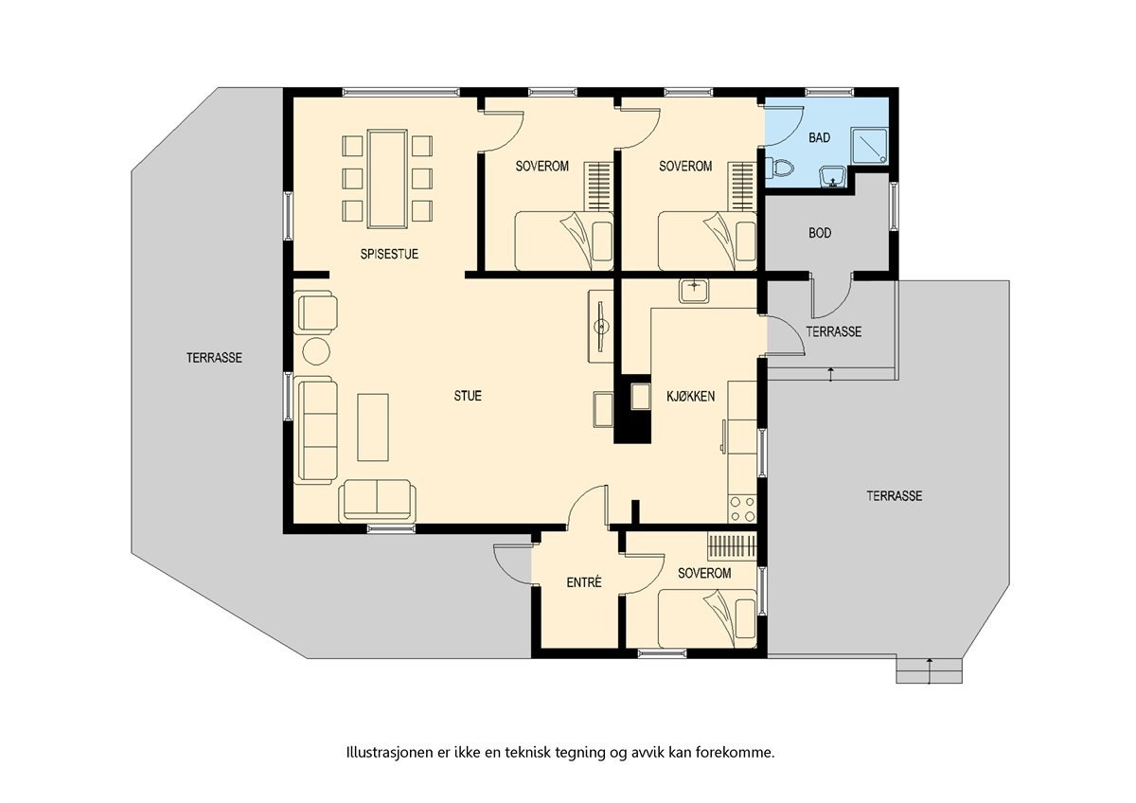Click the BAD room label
tap(819, 138)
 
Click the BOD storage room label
tap(820, 233)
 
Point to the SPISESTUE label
tap(389, 254)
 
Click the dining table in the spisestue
tap(386, 178)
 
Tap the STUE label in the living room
tap(468, 396)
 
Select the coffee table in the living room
tap(373, 427)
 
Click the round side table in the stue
tap(315, 351)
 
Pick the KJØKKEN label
tap(690, 396)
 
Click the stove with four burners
tap(741, 509)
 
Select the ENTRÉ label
tap(584, 582)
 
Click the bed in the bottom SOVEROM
tap(707, 616)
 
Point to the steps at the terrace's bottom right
tap(930, 670)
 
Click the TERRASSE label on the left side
tap(214, 358)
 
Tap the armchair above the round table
tap(316, 312)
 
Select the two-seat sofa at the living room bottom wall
tap(377, 500)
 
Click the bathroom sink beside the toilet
tap(831, 175)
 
